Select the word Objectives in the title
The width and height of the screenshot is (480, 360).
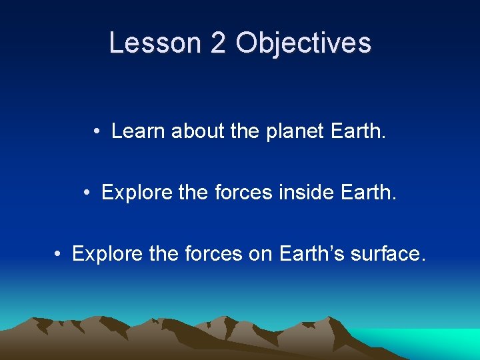click(x=303, y=43)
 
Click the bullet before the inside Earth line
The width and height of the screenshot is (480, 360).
click(x=87, y=193)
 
